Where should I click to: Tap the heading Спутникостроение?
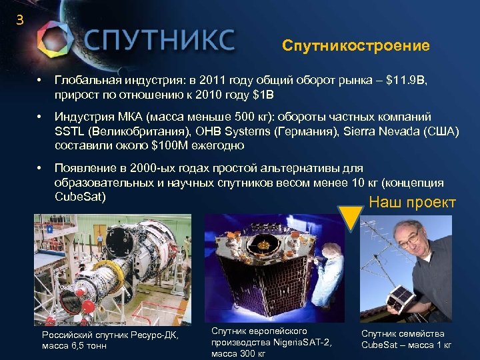[x=355, y=46]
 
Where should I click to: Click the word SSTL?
[x=69, y=131]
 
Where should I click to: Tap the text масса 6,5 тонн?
[x=74, y=345]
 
